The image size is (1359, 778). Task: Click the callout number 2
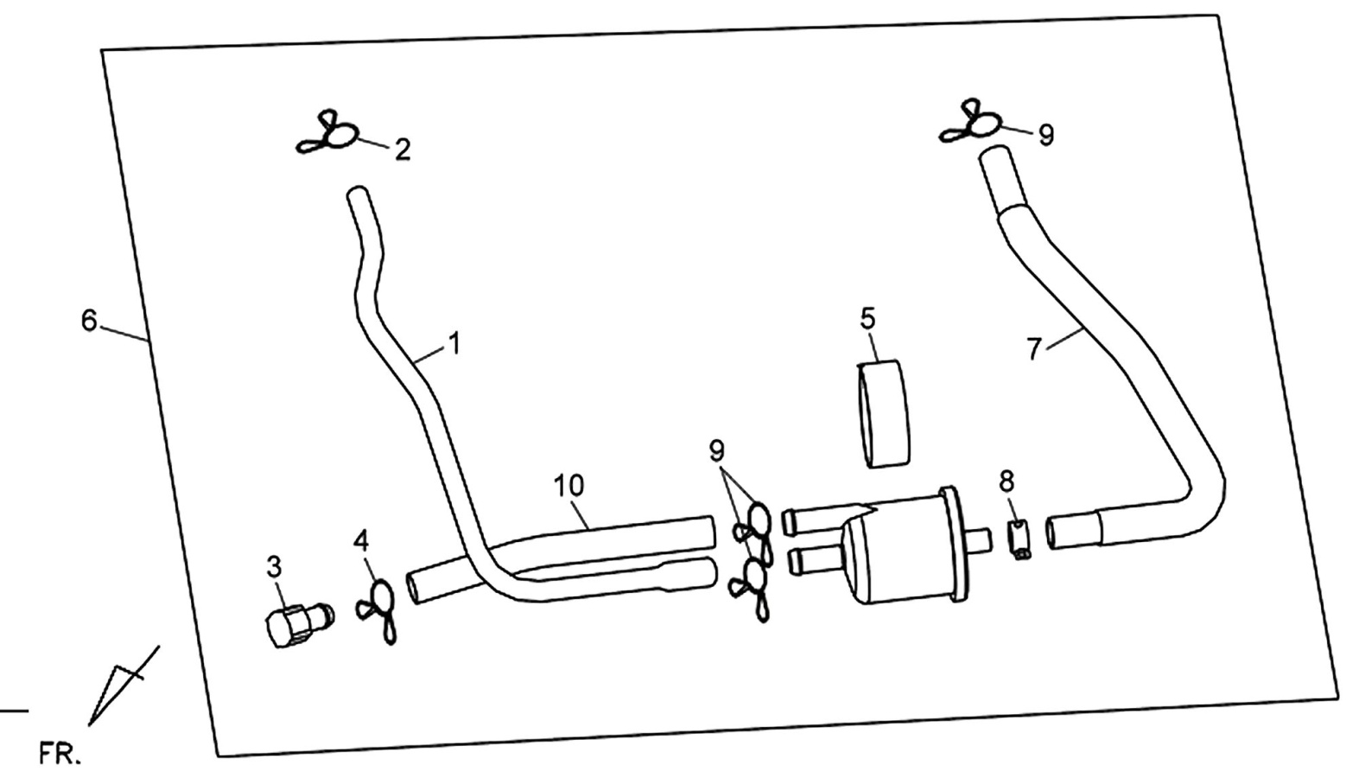403,150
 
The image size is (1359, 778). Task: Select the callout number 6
89,321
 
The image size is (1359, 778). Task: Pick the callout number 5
867,318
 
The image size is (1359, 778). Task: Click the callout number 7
1034,349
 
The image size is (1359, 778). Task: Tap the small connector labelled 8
1020,540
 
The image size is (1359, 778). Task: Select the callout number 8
1007,481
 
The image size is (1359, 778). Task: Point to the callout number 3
274,567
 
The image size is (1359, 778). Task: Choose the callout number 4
362,540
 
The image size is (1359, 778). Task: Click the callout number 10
568,486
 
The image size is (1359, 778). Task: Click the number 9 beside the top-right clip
1046,135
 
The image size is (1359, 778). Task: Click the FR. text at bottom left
60,755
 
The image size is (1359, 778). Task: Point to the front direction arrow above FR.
124,686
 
